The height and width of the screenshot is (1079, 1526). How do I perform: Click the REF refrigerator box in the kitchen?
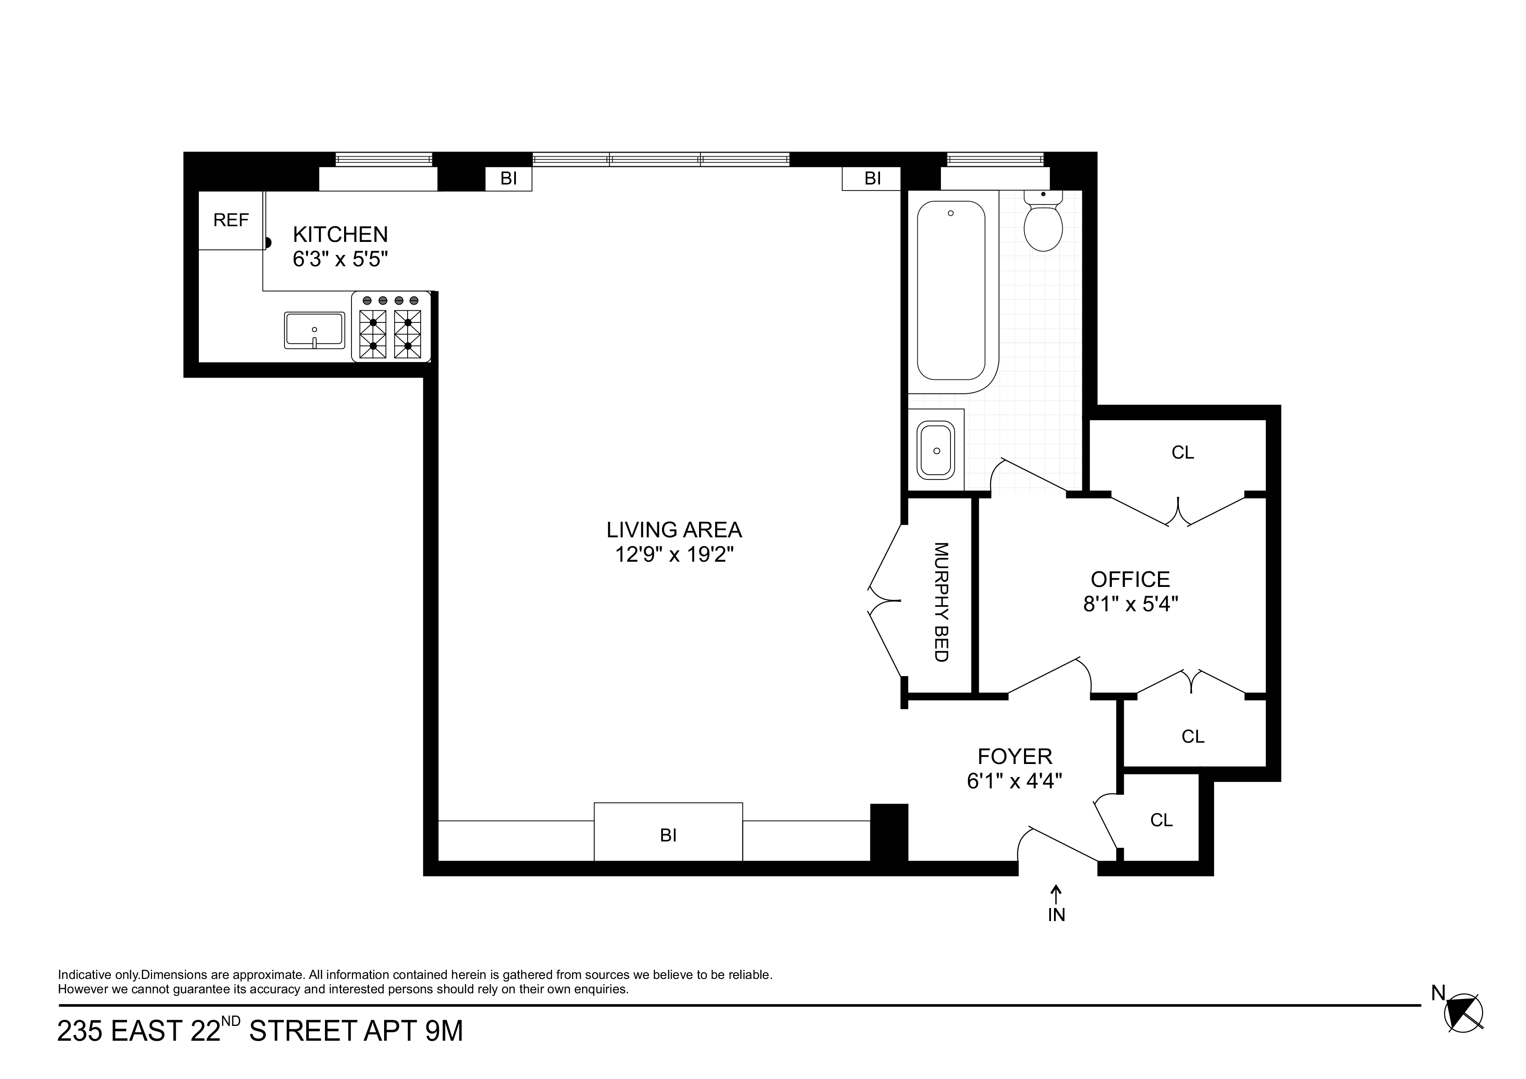(231, 220)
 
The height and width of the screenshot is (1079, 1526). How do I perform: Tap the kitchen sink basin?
(315, 330)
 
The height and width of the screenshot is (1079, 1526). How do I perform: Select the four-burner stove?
(391, 327)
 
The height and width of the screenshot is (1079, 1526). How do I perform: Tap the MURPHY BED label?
(940, 602)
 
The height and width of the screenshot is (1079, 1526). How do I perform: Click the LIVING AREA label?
(674, 530)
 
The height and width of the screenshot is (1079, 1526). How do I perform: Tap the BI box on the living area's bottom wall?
(668, 835)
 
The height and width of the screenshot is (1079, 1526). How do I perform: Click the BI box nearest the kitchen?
(509, 179)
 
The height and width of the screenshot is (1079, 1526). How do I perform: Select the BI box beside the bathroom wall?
(872, 179)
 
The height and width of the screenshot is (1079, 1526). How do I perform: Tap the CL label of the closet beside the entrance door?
(1161, 821)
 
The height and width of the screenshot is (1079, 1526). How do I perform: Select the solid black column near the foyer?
(889, 832)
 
